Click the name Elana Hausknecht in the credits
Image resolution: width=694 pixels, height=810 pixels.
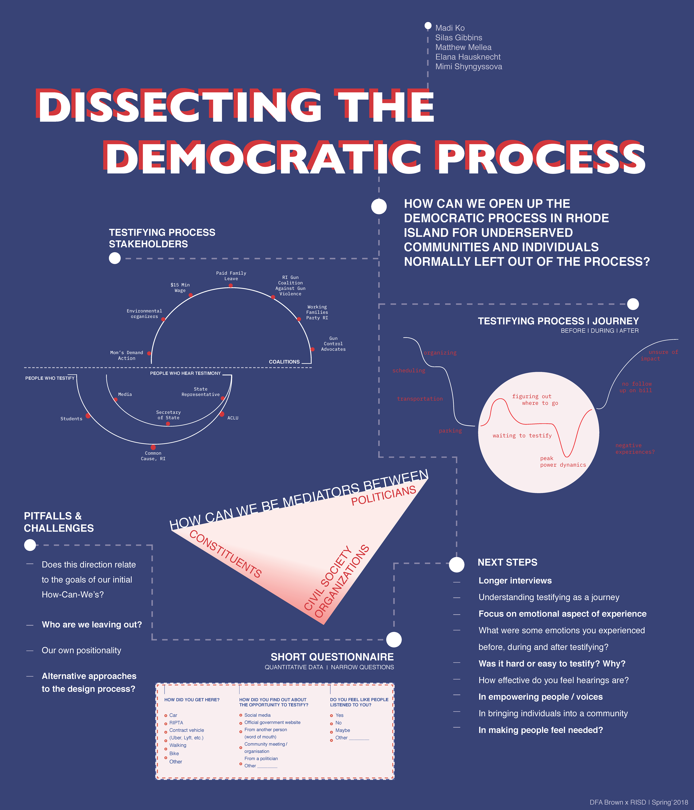point(468,57)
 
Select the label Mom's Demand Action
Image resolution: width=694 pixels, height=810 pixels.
point(127,355)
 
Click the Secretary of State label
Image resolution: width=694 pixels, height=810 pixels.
point(168,415)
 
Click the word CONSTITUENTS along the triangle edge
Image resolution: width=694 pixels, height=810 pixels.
point(226,554)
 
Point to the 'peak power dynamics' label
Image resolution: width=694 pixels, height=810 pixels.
point(563,462)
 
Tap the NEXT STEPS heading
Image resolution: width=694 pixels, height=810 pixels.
point(507,562)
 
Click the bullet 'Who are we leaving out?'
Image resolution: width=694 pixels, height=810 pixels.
point(92,624)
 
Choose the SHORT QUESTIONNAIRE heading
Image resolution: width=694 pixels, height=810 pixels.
point(332,657)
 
